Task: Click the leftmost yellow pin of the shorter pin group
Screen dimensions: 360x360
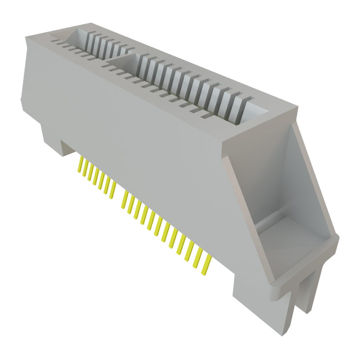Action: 80,166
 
